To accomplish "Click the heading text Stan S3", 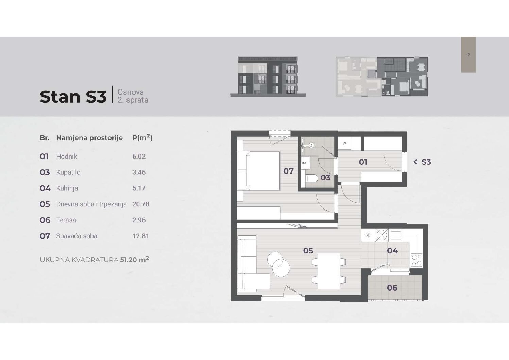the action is tap(73, 97).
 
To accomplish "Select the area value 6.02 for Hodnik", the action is tap(139, 157).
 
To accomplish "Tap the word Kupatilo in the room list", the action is tap(68, 173).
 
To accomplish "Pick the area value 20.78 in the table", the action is tap(141, 204).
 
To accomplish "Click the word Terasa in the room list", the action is tap(66, 220).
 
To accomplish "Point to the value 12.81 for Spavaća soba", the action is tap(140, 236).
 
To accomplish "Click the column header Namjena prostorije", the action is tap(89, 138).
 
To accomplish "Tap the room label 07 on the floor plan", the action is tap(288, 171).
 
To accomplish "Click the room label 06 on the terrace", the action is tap(392, 288).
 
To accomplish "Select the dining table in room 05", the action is tap(328, 271).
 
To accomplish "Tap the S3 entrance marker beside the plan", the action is tap(422, 162).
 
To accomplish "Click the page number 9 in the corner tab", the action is tap(468, 55).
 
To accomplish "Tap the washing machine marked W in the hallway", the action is tap(344, 143).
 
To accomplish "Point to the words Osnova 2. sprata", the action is tap(133, 96).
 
